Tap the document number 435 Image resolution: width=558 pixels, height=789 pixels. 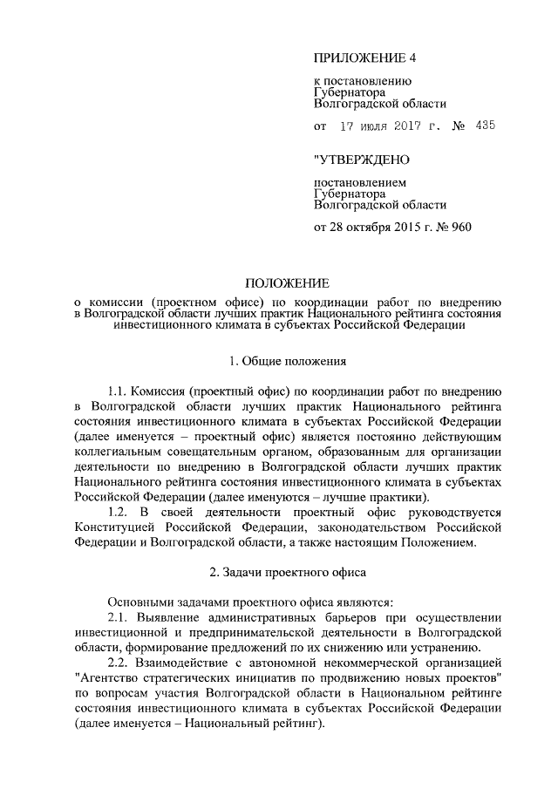click(486, 126)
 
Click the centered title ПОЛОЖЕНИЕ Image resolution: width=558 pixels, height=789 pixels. click(287, 283)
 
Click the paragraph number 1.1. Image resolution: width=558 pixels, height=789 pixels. click(118, 392)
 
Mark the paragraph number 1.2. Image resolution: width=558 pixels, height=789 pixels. click(118, 513)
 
